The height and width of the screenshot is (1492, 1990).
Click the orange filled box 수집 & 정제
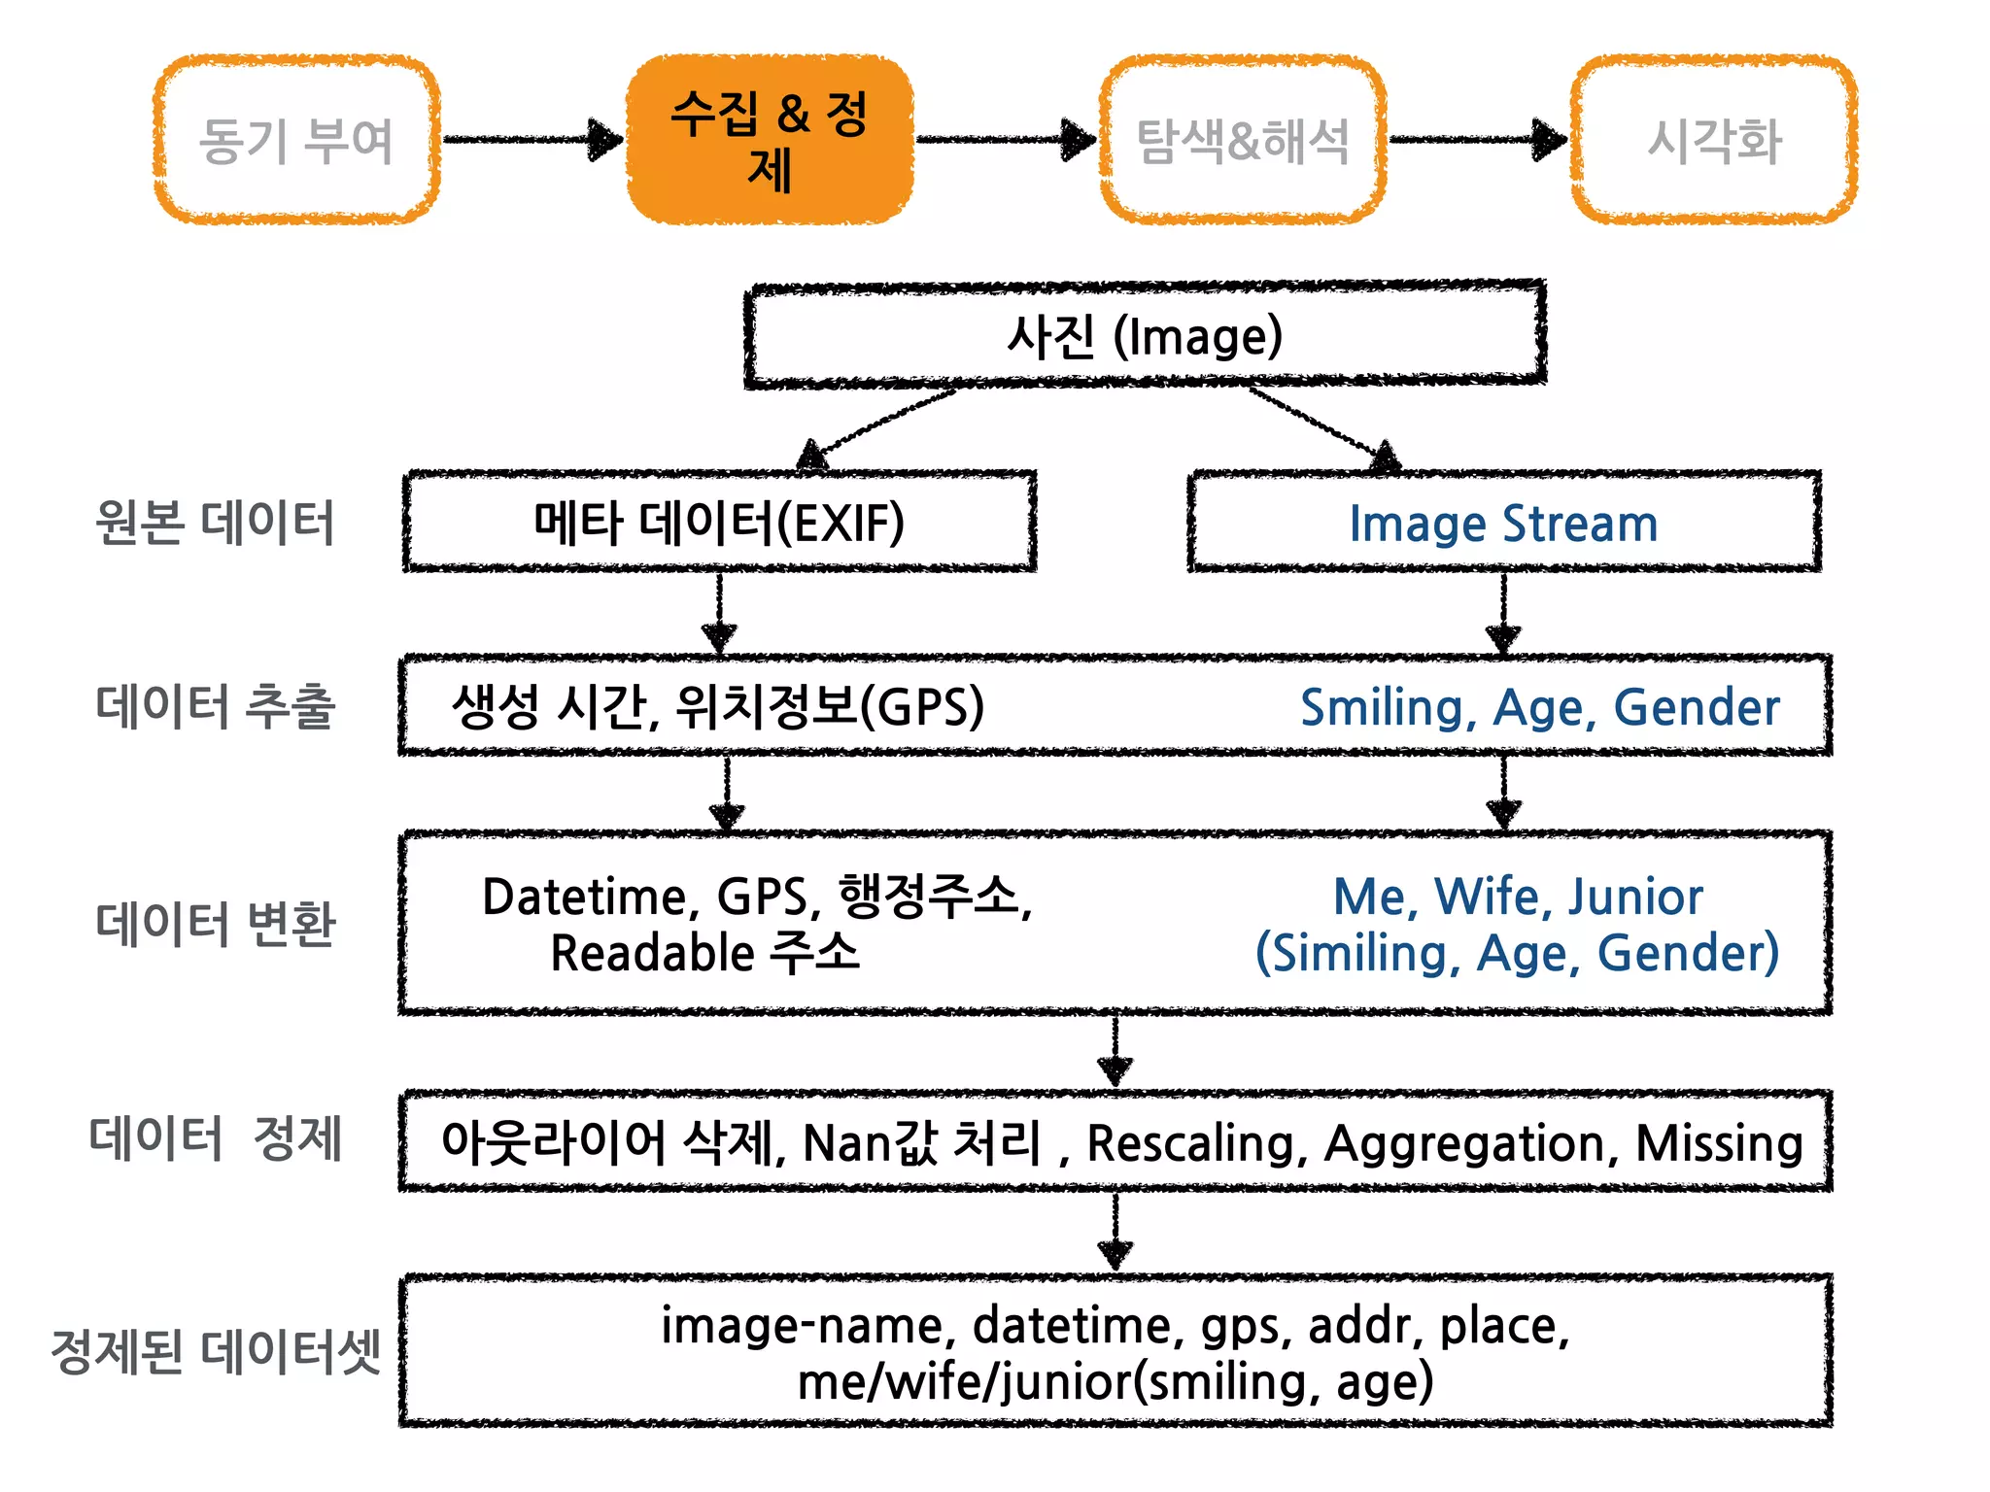click(x=770, y=140)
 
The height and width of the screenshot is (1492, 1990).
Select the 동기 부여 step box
click(x=296, y=140)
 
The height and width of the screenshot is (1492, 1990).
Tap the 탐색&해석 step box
click(x=1243, y=140)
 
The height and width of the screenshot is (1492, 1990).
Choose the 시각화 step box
click(x=1715, y=140)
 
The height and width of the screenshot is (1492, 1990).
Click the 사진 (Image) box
click(x=1145, y=336)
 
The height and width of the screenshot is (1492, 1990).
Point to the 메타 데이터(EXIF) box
click(x=719, y=523)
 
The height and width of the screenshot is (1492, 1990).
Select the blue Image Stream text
click(x=1503, y=524)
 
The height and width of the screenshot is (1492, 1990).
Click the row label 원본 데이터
click(x=215, y=523)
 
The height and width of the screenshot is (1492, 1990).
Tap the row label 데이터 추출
click(x=215, y=706)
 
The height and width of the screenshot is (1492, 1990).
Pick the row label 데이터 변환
click(x=215, y=923)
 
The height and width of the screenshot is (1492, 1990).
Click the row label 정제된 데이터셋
click(x=215, y=1351)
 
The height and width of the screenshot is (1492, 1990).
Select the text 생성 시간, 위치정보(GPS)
click(x=718, y=706)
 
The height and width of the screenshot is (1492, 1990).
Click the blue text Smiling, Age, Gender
click(x=1540, y=707)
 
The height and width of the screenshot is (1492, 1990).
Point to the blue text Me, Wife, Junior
click(x=1518, y=896)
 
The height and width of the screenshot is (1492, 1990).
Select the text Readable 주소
click(x=704, y=953)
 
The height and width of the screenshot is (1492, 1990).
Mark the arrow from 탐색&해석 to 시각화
click(x=1477, y=140)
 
